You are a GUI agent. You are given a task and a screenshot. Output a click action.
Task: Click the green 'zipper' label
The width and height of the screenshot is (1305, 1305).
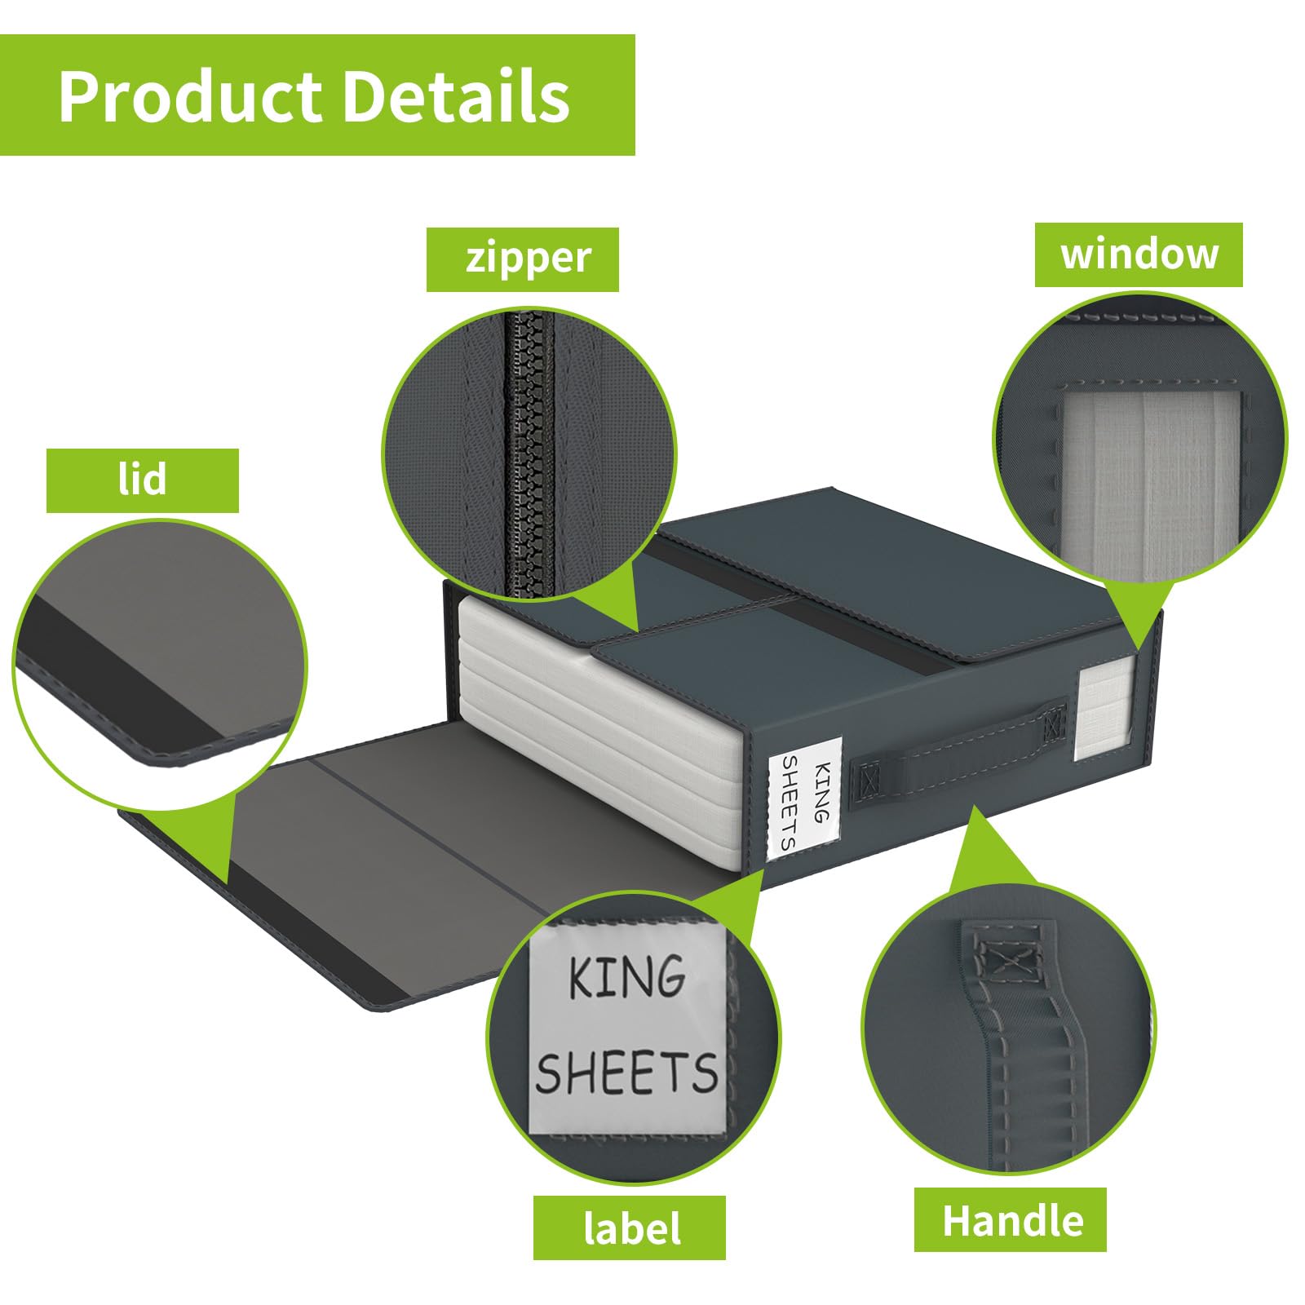point(522,259)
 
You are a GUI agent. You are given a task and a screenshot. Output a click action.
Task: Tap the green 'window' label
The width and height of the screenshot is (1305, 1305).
point(1139,254)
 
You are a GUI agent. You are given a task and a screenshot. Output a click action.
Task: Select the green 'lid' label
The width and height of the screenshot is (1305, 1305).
point(143,480)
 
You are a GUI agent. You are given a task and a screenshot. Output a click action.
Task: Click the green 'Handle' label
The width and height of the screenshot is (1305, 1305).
point(1010,1219)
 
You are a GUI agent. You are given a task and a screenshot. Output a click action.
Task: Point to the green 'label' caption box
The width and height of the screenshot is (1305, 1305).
point(630,1228)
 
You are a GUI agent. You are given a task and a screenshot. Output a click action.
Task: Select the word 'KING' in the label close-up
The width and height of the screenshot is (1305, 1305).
point(626,976)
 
